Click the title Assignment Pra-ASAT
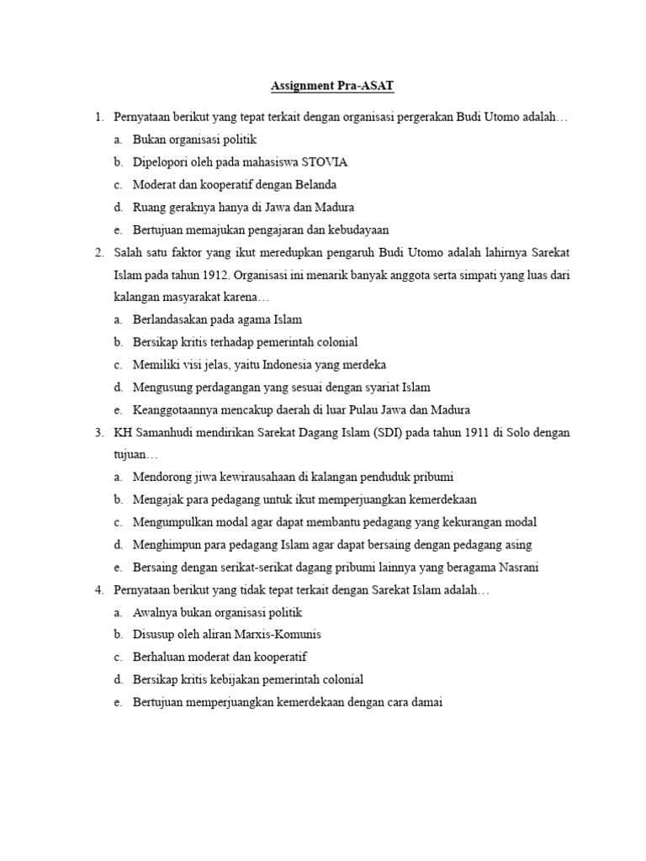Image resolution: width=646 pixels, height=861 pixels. click(x=331, y=86)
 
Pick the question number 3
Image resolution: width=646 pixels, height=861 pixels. click(x=98, y=432)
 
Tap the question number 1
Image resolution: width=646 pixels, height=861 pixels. click(x=98, y=116)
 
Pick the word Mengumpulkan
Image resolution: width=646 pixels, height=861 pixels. click(x=173, y=522)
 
